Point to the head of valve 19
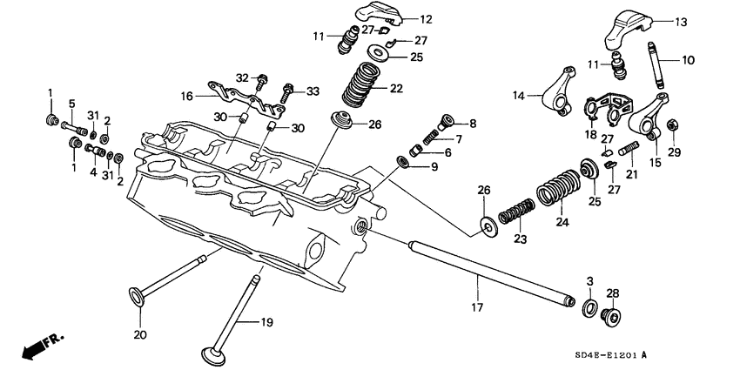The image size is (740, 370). click(x=212, y=354)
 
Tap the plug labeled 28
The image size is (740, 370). click(x=612, y=315)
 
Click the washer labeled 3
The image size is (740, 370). click(x=589, y=307)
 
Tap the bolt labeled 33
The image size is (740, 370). click(x=286, y=90)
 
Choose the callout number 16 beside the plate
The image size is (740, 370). click(x=186, y=96)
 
